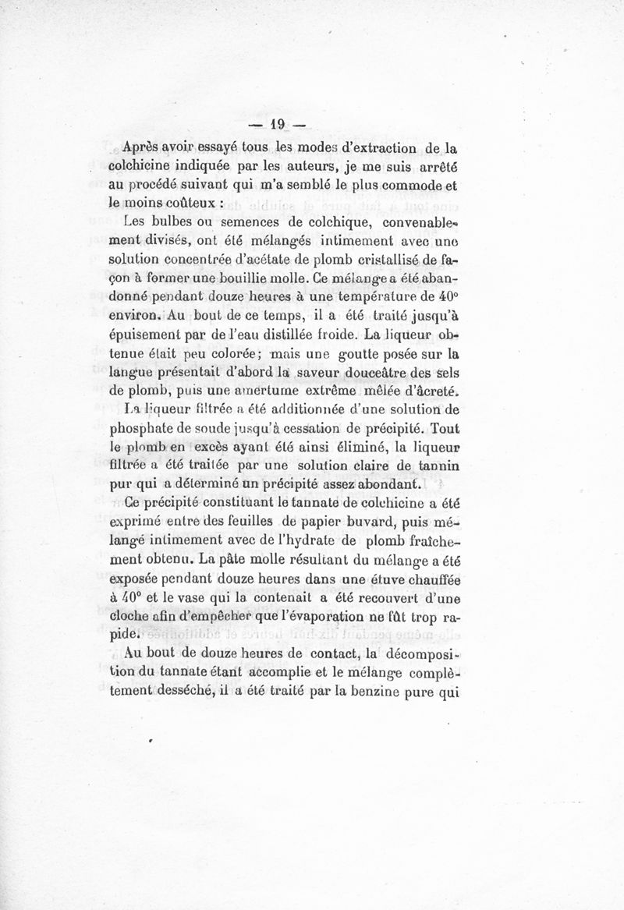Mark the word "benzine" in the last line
pyautogui.click(x=377, y=690)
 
